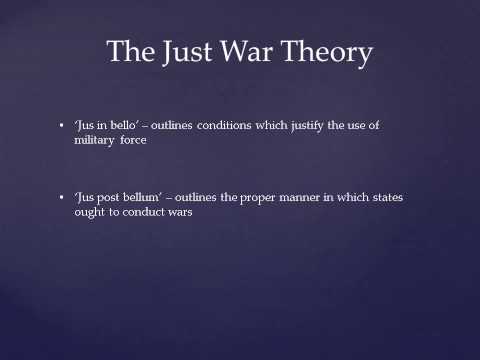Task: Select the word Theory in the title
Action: pyautogui.click(x=332, y=53)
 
